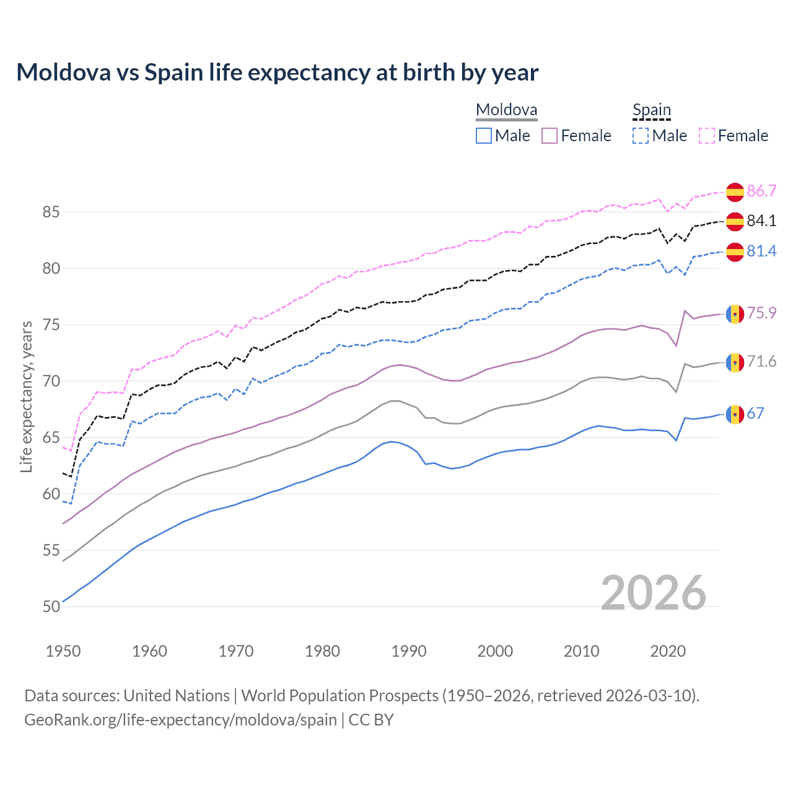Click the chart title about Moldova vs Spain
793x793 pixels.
pos(277,72)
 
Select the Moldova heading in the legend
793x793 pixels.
pos(506,110)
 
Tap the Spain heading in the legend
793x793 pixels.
pos(651,110)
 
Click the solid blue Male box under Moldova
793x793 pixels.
pos(484,136)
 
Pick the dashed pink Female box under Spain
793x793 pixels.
pos(707,136)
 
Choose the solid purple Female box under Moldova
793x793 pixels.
pos(550,136)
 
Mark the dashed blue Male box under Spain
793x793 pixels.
pos(641,136)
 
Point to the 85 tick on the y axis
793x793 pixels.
pos(51,212)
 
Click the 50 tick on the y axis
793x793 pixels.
pos(51,607)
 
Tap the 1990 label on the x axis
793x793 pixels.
pos(409,651)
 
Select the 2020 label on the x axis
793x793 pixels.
pos(668,651)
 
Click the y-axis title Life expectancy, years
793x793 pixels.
pos(26,396)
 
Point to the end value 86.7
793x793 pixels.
pos(761,191)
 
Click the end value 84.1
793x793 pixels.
pos(761,221)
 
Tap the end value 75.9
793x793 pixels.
pos(761,313)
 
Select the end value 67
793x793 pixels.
pos(756,413)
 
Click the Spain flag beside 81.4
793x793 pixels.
pos(735,252)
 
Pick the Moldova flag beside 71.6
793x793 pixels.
pos(735,362)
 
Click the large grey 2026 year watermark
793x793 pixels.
pos(653,593)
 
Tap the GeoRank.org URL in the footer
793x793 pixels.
pos(180,720)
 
